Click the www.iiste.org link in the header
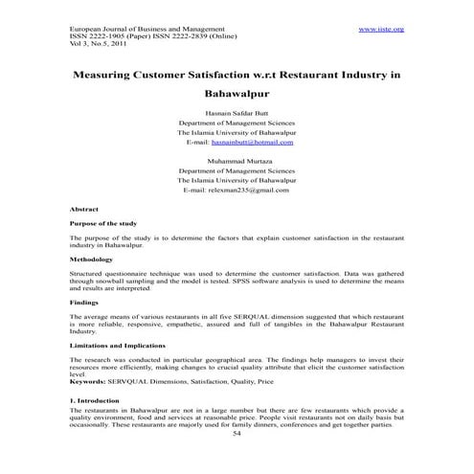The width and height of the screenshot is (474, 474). coord(381,30)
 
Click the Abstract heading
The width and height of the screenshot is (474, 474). coord(85,208)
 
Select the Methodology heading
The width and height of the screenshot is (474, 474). coord(91,260)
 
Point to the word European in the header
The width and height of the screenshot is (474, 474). coord(86,30)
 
